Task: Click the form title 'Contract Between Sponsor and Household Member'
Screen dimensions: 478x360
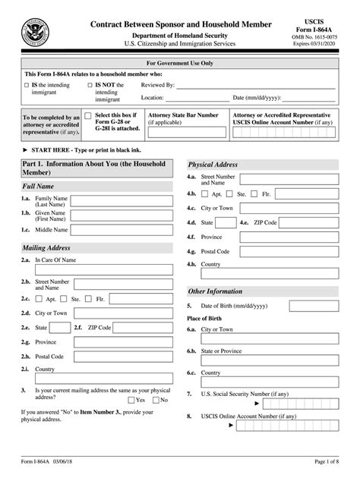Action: pyautogui.click(x=181, y=24)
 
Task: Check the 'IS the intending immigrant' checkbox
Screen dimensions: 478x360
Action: pyautogui.click(x=27, y=86)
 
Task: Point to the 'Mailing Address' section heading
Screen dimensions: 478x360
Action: pyautogui.click(x=47, y=247)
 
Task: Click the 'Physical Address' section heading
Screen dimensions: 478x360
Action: pyautogui.click(x=213, y=164)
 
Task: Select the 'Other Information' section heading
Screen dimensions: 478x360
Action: pyautogui.click(x=216, y=291)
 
